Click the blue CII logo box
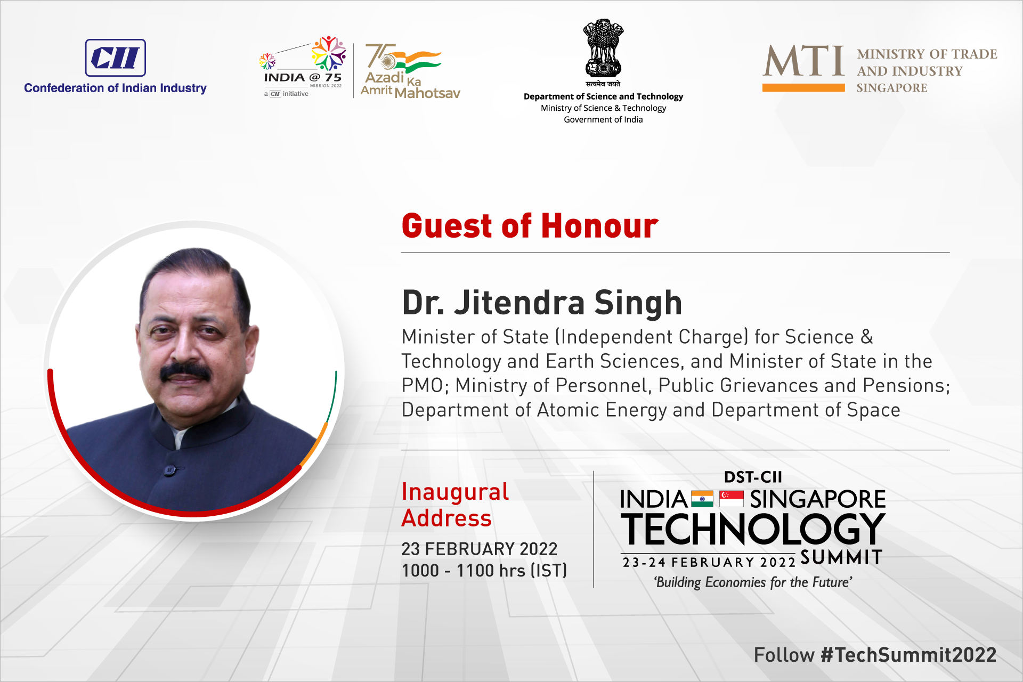(115, 58)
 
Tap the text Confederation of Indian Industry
(115, 88)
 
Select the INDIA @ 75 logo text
(303, 78)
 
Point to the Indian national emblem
(603, 48)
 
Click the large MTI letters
(803, 61)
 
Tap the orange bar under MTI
(803, 87)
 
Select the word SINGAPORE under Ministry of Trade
(892, 88)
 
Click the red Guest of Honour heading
(530, 225)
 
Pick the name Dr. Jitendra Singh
(542, 303)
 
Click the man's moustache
(185, 371)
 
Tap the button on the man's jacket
(169, 470)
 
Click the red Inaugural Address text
(455, 505)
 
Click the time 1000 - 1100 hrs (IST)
(484, 571)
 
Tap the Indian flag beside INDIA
(702, 499)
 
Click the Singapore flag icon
(732, 499)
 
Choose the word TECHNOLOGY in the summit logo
(753, 529)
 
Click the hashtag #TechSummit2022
(908, 655)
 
